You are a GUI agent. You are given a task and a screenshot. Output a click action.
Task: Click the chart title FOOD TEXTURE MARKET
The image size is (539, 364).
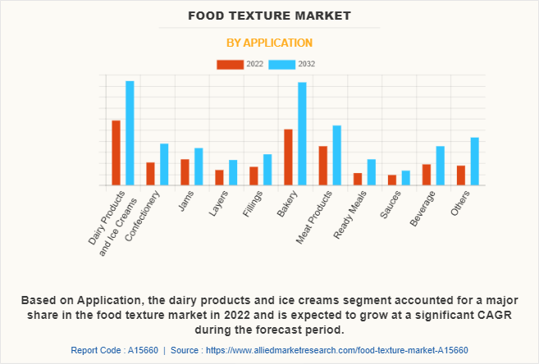point(269,16)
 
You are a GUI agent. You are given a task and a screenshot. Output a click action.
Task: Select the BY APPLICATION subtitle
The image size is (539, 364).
point(269,43)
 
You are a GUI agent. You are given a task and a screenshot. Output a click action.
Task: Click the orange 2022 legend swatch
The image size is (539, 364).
point(230,64)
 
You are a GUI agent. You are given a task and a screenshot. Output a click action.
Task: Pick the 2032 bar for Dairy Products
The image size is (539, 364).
point(130,133)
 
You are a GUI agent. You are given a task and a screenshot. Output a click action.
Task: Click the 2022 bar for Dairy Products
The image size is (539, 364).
point(116,152)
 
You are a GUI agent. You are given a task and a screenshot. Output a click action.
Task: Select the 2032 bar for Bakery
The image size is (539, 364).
point(302,134)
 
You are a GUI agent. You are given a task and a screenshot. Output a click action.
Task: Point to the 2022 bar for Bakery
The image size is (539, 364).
point(289,157)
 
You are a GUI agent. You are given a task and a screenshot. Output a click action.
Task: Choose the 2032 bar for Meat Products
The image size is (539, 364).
point(336,155)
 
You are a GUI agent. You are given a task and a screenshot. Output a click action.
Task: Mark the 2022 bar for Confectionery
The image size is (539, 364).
point(151,174)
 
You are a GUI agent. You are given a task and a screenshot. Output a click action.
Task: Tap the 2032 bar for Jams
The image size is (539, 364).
point(199,166)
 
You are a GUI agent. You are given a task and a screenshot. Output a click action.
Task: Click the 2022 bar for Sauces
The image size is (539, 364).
point(392,180)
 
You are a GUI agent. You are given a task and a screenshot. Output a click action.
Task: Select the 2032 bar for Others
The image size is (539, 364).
point(474,161)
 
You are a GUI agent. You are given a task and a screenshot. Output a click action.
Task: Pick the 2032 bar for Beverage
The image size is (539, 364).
point(440,166)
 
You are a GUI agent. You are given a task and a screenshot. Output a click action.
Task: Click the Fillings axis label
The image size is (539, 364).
point(253,204)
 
